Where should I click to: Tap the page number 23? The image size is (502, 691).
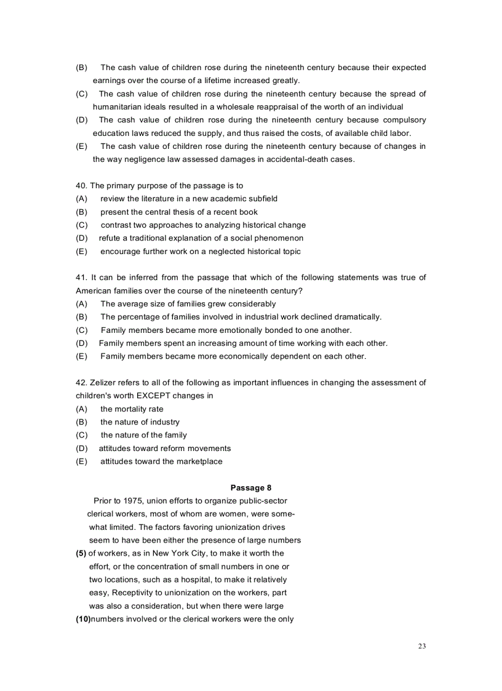coord(421,646)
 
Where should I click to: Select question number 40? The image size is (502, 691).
coord(81,185)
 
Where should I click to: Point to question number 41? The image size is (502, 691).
coord(81,278)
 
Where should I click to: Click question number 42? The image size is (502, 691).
coord(81,383)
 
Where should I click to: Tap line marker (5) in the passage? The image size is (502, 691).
coord(81,553)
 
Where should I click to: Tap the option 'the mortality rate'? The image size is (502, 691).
coord(132,409)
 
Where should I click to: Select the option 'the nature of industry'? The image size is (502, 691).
coord(140,422)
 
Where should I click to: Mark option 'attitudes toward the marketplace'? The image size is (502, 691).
coord(161,461)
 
